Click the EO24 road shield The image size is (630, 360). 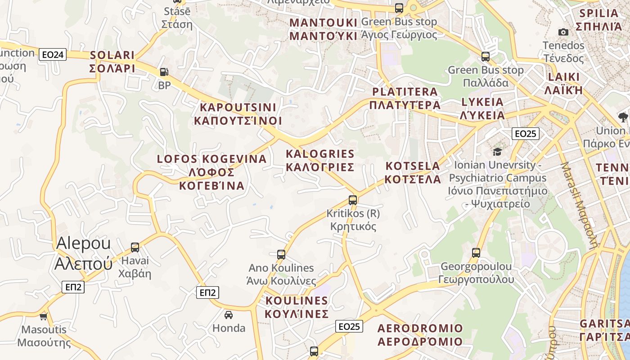pyautogui.click(x=53, y=55)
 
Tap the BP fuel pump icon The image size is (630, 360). pyautogui.click(x=164, y=72)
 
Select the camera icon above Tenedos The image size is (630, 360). pyautogui.click(x=563, y=32)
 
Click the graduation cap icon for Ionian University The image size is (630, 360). pyautogui.click(x=497, y=152)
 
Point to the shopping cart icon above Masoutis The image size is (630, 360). pyautogui.click(x=44, y=316)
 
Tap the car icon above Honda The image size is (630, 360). pyautogui.click(x=229, y=315)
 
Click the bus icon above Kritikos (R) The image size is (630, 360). pyautogui.click(x=353, y=200)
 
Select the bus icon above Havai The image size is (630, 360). pyautogui.click(x=135, y=247)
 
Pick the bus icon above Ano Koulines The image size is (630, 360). pyautogui.click(x=281, y=254)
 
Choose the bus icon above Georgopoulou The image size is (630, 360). pyautogui.click(x=476, y=252)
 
